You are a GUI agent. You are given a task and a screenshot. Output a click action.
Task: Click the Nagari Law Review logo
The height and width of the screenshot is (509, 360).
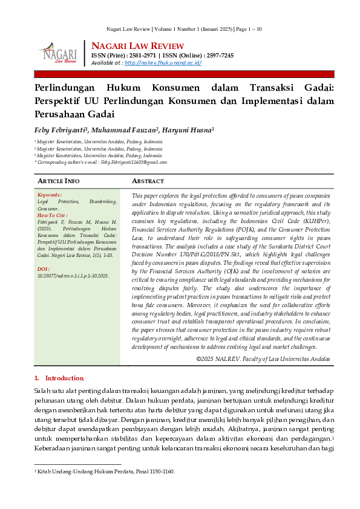[57, 52]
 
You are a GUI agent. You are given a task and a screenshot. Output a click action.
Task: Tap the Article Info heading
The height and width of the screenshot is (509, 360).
[58, 181]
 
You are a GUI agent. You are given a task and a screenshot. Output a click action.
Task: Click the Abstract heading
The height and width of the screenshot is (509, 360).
[148, 181]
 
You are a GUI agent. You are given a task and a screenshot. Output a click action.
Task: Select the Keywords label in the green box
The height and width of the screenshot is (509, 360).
[49, 195]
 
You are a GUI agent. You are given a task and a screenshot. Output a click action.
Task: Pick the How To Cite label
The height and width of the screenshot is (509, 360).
[53, 215]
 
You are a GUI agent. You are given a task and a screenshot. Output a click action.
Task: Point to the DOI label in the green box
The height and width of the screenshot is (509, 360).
[44, 268]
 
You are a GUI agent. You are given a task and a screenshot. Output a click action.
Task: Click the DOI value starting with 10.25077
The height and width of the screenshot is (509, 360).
[73, 275]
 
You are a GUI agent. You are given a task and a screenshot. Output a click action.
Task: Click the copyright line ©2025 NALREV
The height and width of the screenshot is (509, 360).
[263, 358]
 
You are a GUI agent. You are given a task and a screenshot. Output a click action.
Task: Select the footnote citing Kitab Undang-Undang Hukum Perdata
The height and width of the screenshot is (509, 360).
[106, 472]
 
